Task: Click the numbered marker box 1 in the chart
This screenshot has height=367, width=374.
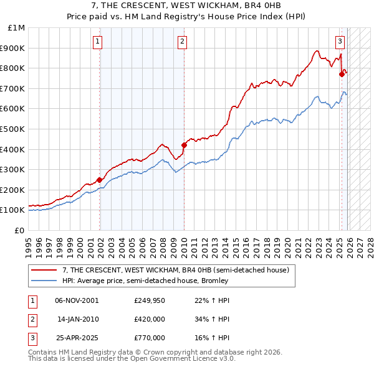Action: point(98,42)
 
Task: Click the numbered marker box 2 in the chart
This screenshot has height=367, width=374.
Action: point(182,42)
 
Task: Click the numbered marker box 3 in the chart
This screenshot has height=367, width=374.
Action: point(340,42)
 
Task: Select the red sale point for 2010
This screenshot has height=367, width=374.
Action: point(184,145)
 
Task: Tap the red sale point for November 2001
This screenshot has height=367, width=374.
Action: point(100,180)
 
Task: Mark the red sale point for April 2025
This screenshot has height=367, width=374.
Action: point(342,74)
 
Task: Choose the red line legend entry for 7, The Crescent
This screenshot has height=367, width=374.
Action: point(175,271)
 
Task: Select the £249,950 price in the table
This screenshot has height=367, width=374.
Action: point(149,300)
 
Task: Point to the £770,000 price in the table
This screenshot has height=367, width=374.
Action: point(149,338)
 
